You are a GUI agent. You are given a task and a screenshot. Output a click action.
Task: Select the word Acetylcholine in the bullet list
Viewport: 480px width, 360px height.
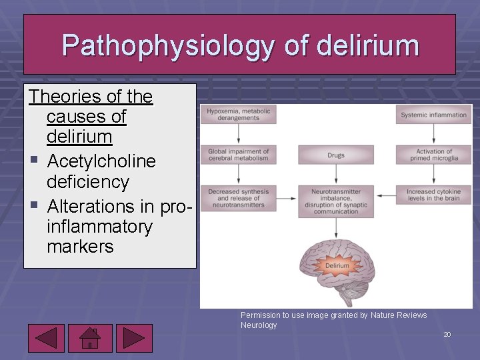(101, 161)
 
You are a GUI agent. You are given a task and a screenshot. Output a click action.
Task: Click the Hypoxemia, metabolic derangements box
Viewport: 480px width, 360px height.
(239, 115)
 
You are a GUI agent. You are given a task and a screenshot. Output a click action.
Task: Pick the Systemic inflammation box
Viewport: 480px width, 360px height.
(433, 115)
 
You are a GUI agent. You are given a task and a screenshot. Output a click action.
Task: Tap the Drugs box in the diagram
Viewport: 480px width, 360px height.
(336, 155)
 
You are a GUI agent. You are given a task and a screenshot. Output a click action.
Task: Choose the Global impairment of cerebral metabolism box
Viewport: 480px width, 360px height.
(239, 155)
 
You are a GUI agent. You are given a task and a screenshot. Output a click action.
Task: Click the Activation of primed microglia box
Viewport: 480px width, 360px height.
(433, 155)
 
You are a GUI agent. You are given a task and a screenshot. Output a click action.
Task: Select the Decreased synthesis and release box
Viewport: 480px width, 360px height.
(239, 198)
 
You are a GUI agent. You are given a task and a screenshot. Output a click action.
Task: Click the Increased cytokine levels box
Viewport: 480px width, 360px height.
(433, 195)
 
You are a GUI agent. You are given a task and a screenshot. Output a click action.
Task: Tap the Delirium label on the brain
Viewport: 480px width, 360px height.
(337, 265)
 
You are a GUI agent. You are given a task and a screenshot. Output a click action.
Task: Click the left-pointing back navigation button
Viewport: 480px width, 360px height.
(46, 337)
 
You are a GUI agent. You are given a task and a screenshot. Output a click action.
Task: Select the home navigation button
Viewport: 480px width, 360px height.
(90, 337)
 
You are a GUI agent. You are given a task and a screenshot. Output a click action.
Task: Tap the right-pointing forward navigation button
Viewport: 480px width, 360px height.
(134, 337)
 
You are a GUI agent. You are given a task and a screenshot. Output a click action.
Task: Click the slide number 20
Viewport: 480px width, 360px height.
(447, 334)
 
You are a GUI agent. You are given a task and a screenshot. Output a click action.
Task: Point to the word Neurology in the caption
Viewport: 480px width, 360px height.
(259, 325)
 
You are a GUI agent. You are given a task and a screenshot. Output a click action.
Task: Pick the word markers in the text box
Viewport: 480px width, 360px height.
(80, 247)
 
